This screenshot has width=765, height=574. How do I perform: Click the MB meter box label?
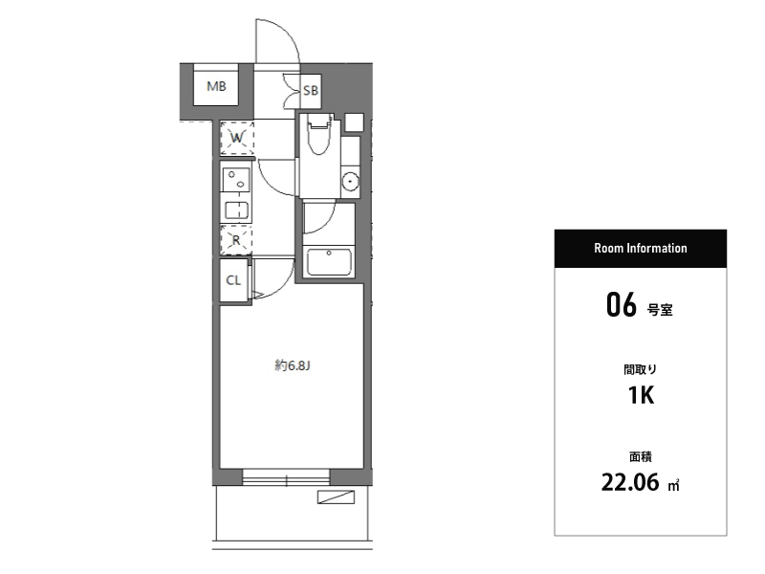(x=216, y=86)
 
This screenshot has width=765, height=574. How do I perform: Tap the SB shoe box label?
(x=310, y=90)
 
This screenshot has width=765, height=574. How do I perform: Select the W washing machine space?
(x=237, y=138)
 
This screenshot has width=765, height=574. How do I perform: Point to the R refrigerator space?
(x=236, y=240)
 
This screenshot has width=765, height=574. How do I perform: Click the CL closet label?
(x=233, y=280)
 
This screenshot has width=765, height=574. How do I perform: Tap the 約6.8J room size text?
(x=293, y=365)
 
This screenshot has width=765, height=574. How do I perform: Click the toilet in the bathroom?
(x=319, y=134)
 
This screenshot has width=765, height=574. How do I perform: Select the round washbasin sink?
(x=350, y=182)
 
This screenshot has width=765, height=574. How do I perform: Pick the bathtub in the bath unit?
(x=328, y=262)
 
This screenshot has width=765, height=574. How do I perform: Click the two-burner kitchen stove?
(x=236, y=180)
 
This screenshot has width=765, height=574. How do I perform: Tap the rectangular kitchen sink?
(x=236, y=210)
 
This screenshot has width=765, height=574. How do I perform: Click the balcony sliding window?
(x=286, y=477)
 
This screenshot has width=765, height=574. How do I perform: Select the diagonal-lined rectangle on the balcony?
(x=336, y=497)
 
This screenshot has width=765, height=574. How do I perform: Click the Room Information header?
(x=640, y=248)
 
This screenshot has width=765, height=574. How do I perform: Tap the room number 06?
(x=621, y=304)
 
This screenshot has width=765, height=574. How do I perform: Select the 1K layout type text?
(x=641, y=395)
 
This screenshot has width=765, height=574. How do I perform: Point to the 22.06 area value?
(x=630, y=482)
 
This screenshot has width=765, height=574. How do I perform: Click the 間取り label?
(x=640, y=369)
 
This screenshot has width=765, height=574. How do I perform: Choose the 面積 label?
(x=640, y=457)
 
